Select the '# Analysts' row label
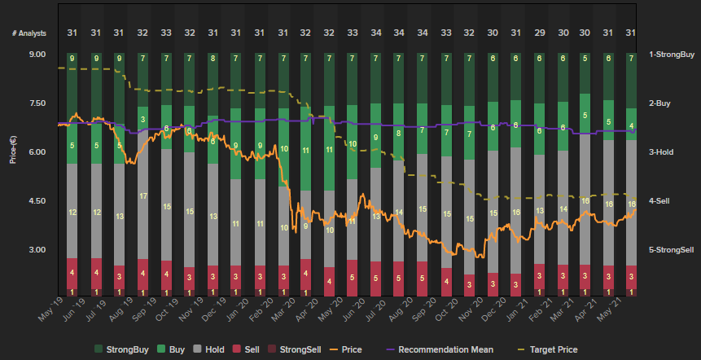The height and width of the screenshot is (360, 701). click(x=29, y=33)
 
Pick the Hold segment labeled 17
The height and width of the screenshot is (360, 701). click(x=143, y=196)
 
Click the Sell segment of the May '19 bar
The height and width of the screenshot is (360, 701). click(x=72, y=272)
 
